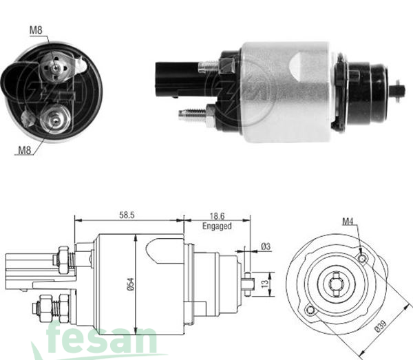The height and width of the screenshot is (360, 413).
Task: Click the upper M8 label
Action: (36, 30)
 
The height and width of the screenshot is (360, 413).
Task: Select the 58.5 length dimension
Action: (126, 215)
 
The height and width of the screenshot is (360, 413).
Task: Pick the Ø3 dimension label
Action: (265, 248)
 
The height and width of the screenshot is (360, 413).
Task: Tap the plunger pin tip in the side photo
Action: (400, 89)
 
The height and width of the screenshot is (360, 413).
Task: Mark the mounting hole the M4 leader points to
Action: (362, 258)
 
